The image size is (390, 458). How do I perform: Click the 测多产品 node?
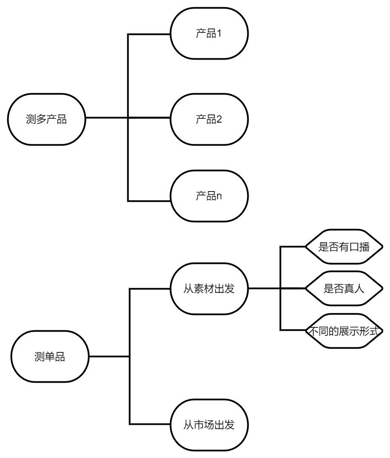46,119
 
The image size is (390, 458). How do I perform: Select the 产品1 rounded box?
209,34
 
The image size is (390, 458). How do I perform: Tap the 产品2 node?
209,119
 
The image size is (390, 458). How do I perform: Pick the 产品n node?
209,196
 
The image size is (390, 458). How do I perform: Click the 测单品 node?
50,356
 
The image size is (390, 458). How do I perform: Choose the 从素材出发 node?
209,289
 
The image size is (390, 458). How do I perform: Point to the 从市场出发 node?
209,425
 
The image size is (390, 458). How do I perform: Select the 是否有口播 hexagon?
344,247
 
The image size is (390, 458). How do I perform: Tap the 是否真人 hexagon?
344,289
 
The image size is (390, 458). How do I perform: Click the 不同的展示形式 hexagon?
344,331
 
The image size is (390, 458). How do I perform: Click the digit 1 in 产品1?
219,33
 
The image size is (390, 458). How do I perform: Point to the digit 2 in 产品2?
219,119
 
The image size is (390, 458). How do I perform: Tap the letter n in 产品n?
219,196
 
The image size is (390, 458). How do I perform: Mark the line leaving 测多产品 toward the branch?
106,118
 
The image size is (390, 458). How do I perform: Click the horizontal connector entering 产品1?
149,34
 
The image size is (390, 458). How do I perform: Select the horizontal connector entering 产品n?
149,201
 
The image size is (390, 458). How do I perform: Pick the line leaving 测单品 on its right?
109,356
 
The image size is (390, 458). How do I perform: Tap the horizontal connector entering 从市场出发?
150,424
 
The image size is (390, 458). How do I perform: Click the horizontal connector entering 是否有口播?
293,247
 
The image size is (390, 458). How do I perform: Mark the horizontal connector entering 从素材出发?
150,289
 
